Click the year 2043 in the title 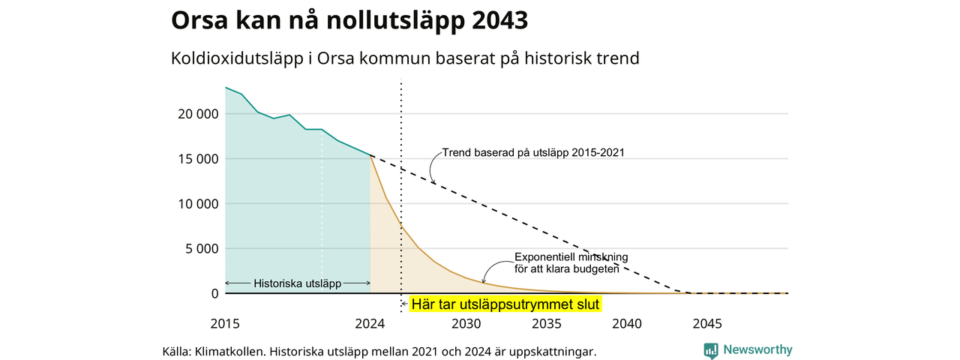coord(499,20)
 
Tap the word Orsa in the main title coord(199,20)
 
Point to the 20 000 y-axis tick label coord(198,114)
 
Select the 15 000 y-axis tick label coord(198,159)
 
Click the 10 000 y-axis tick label coord(198,204)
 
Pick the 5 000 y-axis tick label coord(202,248)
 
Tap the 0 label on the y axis coord(214,293)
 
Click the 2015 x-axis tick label coord(225,323)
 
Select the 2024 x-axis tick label coord(370,323)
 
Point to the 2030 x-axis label coord(466,323)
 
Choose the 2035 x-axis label coord(547,323)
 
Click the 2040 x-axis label coord(627,323)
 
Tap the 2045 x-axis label coord(707,323)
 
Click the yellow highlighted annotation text coord(505,304)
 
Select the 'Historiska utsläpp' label coord(298,283)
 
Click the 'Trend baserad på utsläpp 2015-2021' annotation coord(533,152)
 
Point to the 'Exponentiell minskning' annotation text coord(571,257)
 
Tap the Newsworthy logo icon coord(711,350)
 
